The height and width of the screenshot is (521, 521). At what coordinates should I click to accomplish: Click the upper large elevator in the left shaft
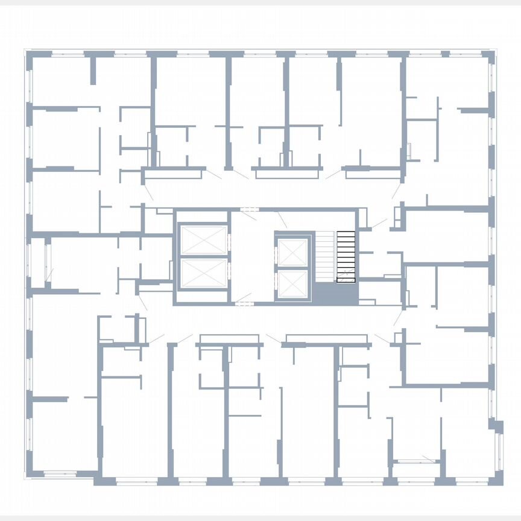[203, 241]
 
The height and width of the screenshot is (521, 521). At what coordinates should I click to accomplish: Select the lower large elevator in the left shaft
[203, 274]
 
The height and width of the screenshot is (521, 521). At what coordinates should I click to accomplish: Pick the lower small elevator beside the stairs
[292, 283]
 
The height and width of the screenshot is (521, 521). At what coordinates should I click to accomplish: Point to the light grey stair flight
[326, 256]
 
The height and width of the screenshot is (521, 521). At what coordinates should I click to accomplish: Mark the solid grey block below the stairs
[335, 294]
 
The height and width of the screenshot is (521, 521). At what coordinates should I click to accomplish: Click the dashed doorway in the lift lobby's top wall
[248, 209]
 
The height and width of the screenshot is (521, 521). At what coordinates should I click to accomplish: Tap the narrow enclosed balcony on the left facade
[37, 263]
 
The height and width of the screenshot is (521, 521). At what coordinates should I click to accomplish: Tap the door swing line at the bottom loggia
[429, 458]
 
